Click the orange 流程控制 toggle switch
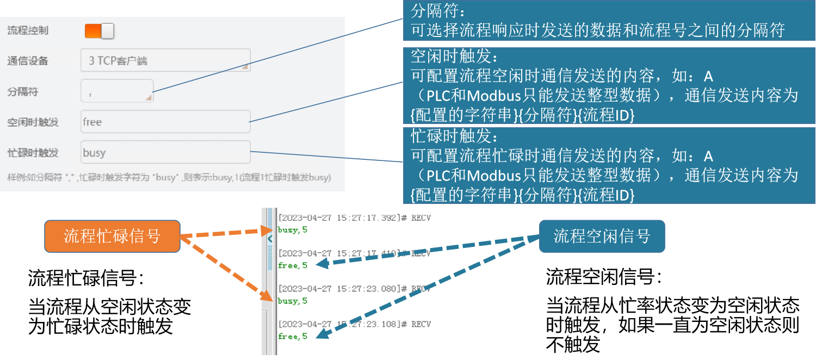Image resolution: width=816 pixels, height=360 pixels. (99, 31)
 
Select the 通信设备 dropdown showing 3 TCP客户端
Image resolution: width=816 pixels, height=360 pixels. (165, 60)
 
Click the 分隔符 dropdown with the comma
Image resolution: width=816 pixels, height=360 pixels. (117, 91)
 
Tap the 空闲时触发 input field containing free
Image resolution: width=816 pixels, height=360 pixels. (165, 122)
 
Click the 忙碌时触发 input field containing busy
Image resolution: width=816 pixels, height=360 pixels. (165, 152)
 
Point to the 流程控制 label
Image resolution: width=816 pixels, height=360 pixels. (28, 30)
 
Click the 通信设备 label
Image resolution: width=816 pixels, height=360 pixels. (28, 61)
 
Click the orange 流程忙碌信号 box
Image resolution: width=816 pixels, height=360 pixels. (112, 236)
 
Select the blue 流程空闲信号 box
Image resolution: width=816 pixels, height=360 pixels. (602, 236)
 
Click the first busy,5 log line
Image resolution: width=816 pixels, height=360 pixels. (293, 230)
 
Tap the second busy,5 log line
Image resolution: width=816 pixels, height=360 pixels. (293, 301)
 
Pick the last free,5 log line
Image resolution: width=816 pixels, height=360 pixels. (293, 336)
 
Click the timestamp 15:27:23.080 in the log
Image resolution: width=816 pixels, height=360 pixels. (367, 289)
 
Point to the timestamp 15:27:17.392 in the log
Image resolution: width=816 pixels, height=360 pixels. (367, 218)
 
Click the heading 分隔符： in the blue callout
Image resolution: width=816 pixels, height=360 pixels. (438, 10)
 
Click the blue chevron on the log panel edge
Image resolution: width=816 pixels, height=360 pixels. (270, 238)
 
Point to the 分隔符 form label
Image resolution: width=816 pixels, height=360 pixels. (23, 91)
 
